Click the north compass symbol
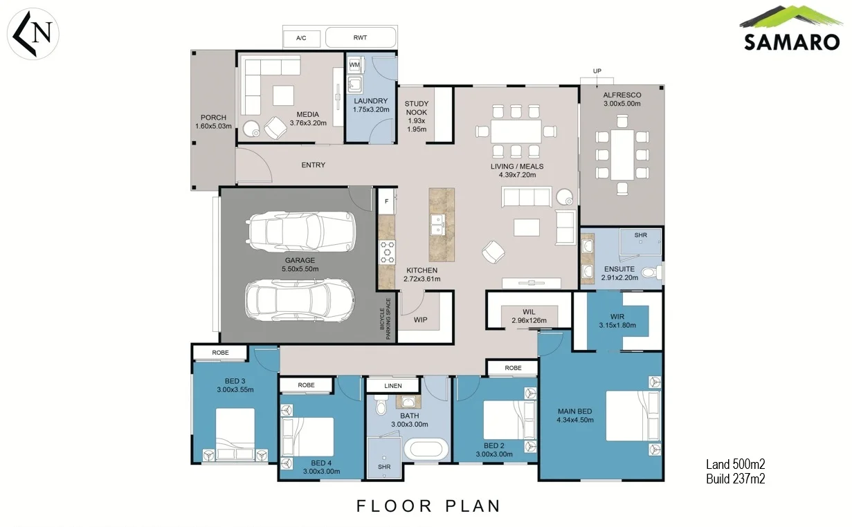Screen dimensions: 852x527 pos(33,34)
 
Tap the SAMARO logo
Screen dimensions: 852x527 pos(791,28)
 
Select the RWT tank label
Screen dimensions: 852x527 pos(360,37)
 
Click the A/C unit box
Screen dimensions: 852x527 pos(301,38)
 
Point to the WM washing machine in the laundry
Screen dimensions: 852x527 pos(354,65)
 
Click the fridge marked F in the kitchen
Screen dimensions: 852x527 pos(386,201)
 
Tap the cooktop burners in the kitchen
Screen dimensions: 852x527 pos(387,252)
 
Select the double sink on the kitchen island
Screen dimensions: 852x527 pos(437,225)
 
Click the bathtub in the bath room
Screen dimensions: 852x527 pos(426,450)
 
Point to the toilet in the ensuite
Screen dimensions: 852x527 pos(651,272)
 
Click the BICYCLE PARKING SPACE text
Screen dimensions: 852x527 pos(385,319)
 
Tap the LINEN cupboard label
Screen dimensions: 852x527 pos(393,386)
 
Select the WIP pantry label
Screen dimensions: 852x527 pos(420,320)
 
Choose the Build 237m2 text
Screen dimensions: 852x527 pos(735,479)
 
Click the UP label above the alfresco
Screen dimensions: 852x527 pos(597,71)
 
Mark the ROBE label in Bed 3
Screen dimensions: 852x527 pos(220,353)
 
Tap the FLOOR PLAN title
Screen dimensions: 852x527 pos(428,506)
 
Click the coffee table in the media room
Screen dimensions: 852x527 pos(283,95)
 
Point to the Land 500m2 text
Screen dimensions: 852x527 pos(735,464)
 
